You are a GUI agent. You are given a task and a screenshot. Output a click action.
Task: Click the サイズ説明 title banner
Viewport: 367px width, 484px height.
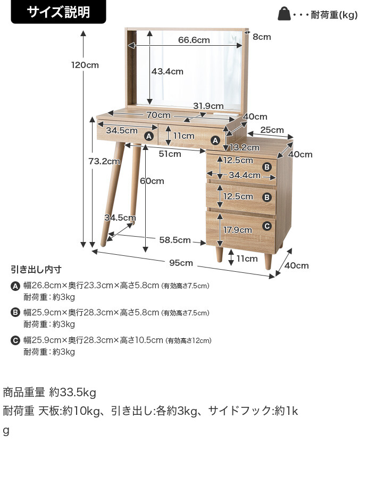(x=59, y=12)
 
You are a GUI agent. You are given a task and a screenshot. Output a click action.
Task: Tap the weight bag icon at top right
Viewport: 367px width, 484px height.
(x=284, y=14)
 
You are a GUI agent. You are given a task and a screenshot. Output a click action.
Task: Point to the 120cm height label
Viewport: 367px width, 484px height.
(x=85, y=65)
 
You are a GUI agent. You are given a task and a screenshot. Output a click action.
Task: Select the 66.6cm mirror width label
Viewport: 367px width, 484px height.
(x=194, y=40)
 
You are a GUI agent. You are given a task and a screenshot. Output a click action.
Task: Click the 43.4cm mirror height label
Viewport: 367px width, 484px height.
(x=167, y=71)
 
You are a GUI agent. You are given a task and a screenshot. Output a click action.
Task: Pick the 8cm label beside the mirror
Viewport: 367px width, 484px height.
(x=262, y=37)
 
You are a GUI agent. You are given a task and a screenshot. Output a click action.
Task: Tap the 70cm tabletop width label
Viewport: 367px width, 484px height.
(x=159, y=115)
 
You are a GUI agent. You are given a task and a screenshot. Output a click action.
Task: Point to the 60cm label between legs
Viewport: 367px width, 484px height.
(x=152, y=181)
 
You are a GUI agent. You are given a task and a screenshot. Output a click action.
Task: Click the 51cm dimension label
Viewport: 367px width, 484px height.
(x=170, y=154)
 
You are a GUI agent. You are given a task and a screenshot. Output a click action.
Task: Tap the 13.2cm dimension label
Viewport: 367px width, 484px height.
(x=240, y=147)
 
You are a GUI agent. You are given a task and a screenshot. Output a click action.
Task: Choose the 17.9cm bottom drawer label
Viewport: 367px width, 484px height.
(x=237, y=230)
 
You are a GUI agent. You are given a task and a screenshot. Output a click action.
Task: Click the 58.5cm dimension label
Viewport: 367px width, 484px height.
(x=174, y=240)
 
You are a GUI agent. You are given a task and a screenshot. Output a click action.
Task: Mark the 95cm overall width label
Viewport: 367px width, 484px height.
(x=181, y=263)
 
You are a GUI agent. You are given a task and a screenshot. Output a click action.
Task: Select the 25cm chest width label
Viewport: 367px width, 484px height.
(x=272, y=130)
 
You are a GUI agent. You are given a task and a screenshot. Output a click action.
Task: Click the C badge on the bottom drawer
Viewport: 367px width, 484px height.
(x=267, y=226)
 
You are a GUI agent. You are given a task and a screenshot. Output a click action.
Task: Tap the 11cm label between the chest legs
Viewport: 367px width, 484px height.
(x=247, y=258)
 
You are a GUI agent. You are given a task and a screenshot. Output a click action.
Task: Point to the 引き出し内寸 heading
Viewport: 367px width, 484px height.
(x=36, y=269)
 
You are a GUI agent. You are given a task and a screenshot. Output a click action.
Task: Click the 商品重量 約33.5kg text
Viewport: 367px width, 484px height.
(x=49, y=393)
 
